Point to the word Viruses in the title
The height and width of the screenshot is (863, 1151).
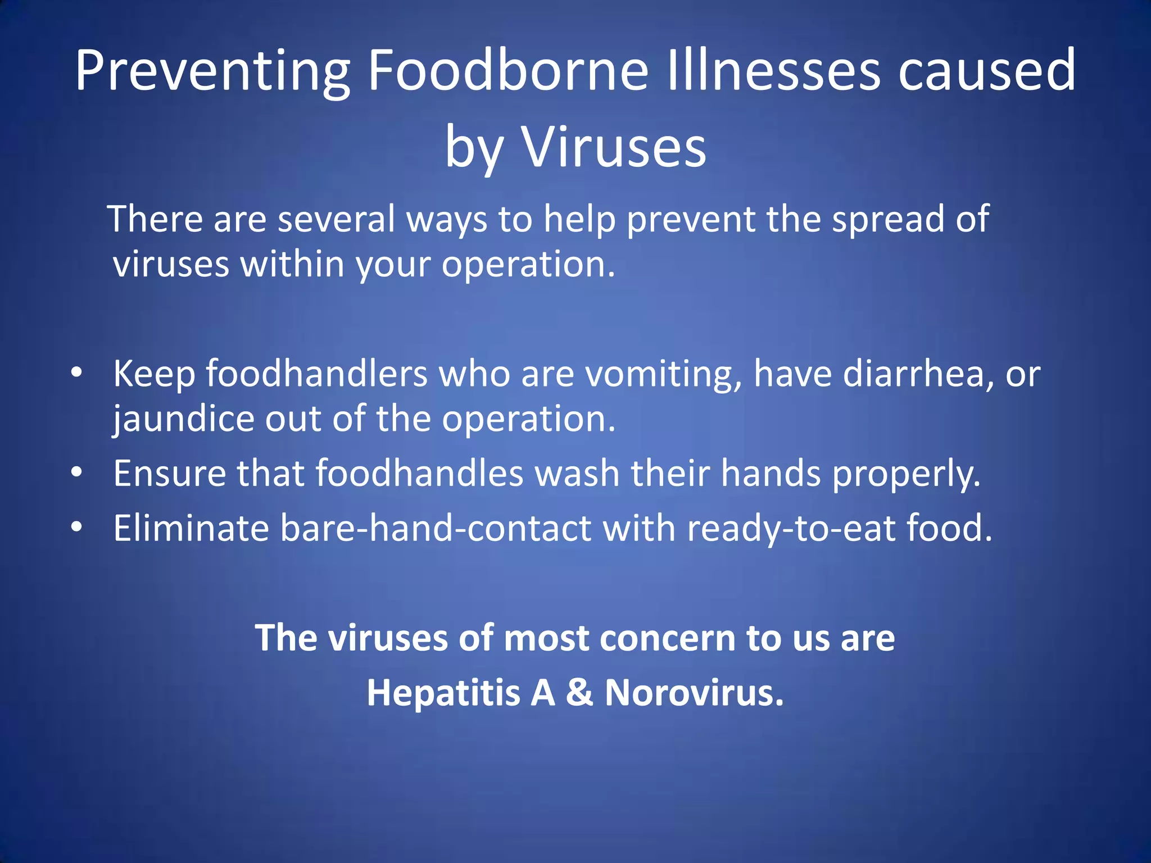(x=614, y=147)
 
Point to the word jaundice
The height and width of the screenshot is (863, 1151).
(x=183, y=420)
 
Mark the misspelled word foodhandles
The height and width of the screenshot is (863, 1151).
(x=419, y=473)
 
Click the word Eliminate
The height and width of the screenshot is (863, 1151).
(x=191, y=528)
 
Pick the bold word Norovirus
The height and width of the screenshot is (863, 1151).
(x=694, y=692)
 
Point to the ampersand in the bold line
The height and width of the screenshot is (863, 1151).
(x=579, y=692)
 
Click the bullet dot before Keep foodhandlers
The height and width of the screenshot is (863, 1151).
(x=77, y=373)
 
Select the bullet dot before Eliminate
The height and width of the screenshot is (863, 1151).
(x=77, y=527)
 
